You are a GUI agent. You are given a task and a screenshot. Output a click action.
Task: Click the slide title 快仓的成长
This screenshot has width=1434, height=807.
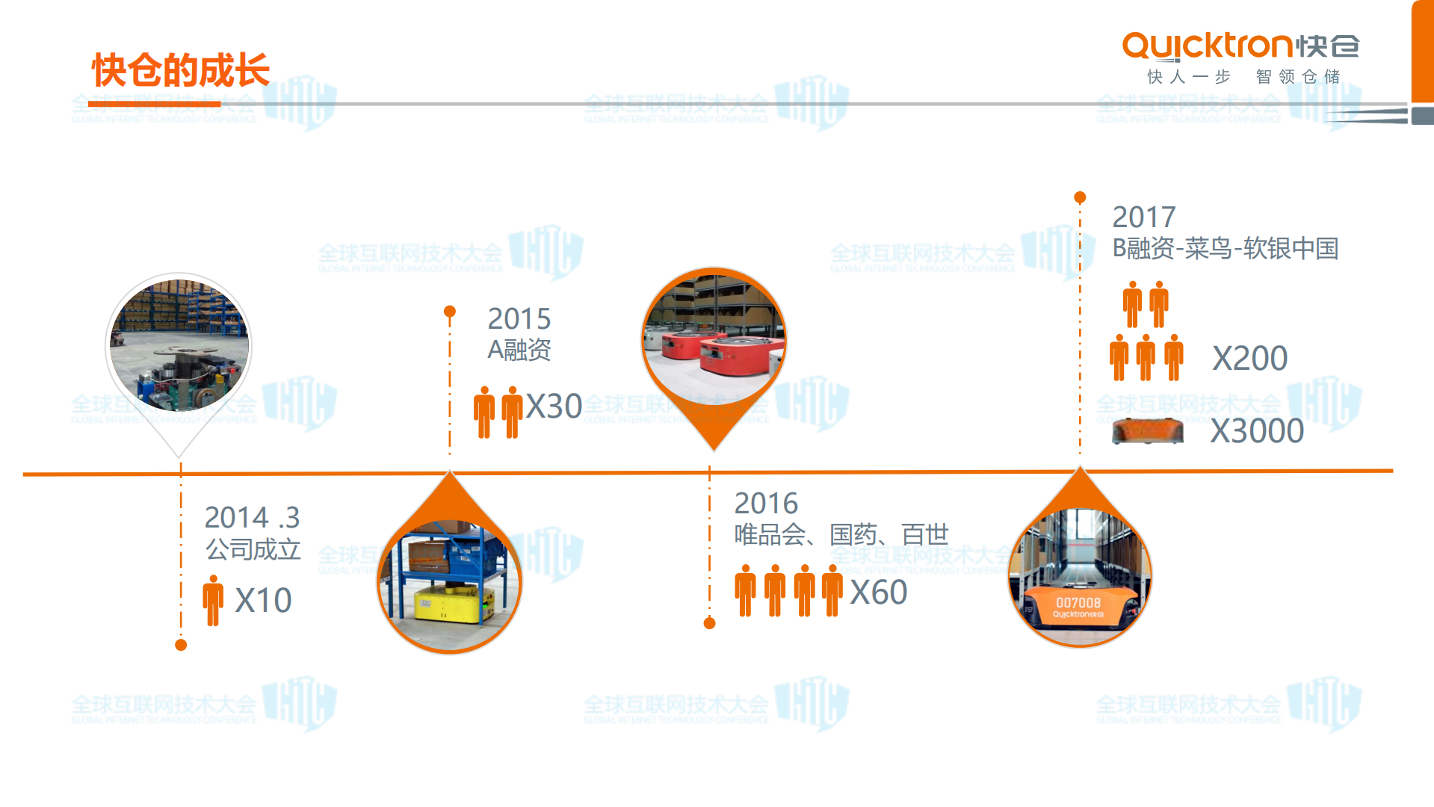coord(180,70)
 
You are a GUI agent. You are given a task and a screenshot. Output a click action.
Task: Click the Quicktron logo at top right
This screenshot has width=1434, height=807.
coord(1240,47)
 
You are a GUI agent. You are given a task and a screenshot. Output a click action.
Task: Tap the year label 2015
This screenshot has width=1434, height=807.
coord(519,319)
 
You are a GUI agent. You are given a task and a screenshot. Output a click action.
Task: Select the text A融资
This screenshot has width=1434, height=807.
coord(519,350)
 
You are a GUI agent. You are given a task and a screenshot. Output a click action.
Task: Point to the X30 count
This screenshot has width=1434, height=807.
coord(554,407)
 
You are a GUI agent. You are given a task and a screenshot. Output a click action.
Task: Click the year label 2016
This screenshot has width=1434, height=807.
coord(766,504)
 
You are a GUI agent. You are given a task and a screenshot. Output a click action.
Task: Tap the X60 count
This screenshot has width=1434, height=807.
coord(879,593)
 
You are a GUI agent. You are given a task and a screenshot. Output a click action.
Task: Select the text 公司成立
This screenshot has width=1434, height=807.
coord(253,550)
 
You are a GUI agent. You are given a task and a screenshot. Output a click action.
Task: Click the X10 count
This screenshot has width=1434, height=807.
coord(263,601)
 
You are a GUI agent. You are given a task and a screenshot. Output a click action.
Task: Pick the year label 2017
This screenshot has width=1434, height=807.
coord(1143,217)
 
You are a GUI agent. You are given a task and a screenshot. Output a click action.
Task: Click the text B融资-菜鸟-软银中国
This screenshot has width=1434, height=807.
coord(1225,249)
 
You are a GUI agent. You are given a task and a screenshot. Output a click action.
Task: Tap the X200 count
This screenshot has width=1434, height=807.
coord(1249,359)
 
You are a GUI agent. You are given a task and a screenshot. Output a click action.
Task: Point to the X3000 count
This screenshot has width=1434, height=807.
coord(1257,431)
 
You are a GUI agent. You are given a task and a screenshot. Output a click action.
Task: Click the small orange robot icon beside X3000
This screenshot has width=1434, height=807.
coord(1147,431)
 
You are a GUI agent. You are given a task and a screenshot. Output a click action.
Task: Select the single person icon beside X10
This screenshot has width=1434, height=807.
coord(213,600)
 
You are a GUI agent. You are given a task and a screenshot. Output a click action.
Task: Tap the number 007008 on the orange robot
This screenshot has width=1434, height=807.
coord(1078,602)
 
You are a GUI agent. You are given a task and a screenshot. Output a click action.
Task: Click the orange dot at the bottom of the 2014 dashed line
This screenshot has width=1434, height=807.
coord(181,645)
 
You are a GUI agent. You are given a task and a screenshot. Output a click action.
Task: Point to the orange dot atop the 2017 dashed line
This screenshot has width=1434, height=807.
coord(1080,197)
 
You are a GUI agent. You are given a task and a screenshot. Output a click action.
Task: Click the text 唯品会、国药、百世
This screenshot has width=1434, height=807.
coord(841,535)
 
